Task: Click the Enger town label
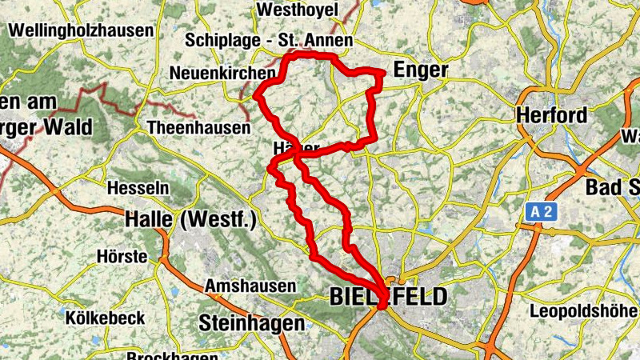coord(421,70)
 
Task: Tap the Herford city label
coord(551,114)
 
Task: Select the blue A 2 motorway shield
coord(542,212)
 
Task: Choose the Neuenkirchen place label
coord(222,74)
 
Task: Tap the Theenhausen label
coord(199,128)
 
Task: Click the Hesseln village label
coord(138,188)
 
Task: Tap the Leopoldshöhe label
coord(586,310)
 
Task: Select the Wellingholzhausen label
coord(80,30)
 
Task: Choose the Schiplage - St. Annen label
coord(269,40)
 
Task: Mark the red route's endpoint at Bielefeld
coord(382,303)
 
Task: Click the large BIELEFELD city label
coord(388,298)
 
